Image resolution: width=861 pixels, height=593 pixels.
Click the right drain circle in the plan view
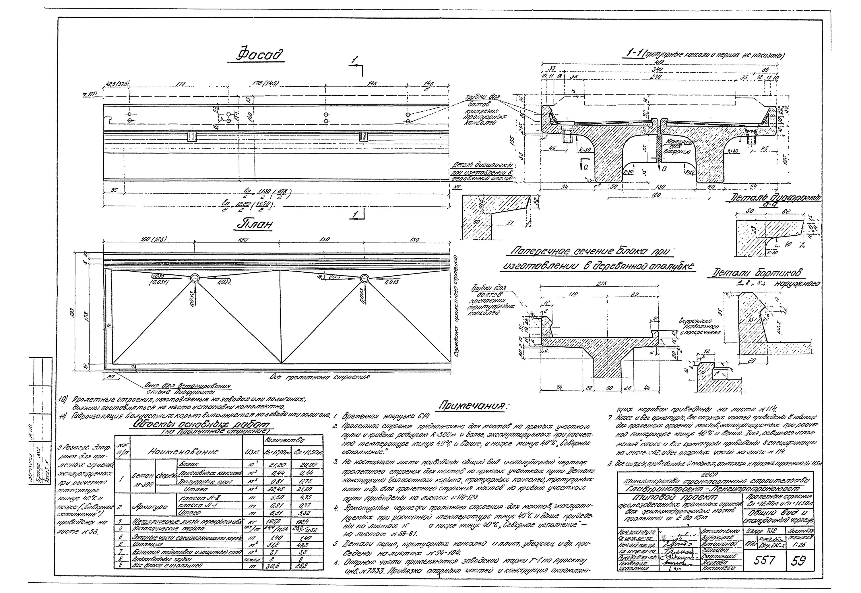coord(364,278)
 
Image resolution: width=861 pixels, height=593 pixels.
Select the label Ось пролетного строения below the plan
coord(320,377)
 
